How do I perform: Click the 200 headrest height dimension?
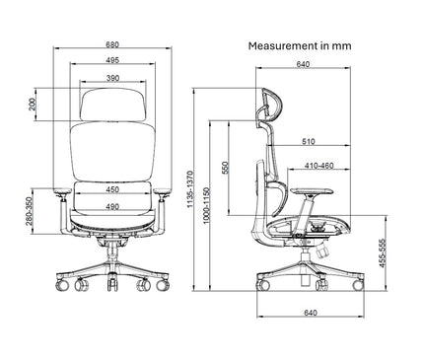pos(34,104)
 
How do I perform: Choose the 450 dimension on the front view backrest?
pos(113,189)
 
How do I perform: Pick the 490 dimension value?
pos(113,206)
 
